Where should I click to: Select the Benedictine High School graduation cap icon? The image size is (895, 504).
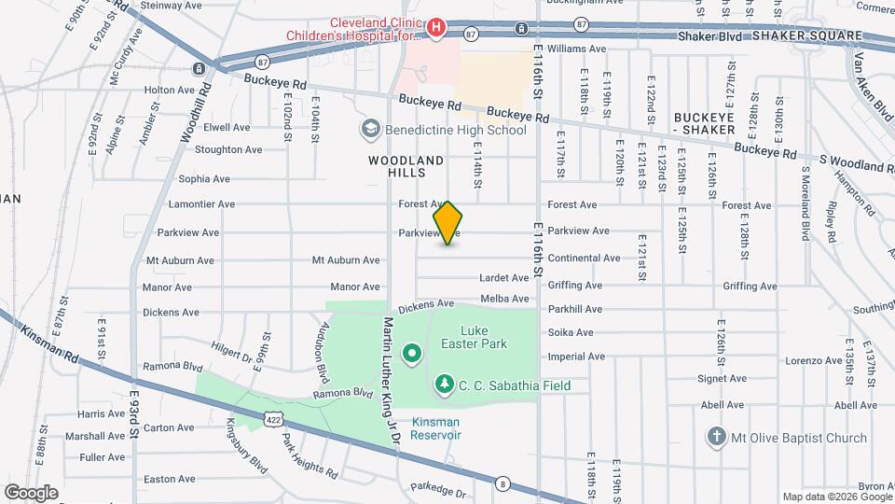pos(370,129)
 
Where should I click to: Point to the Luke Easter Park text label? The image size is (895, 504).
pos(484,337)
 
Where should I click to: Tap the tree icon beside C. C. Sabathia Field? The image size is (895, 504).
pos(445,385)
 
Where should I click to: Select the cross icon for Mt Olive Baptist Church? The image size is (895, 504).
pos(715,437)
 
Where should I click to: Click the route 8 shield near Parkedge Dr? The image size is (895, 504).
pos(503,483)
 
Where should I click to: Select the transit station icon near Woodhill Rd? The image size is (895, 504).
pos(199,69)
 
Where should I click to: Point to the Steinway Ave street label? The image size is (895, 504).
pos(172,6)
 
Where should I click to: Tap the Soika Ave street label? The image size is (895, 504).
pos(571,332)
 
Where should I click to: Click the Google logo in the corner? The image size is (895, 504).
pos(31,492)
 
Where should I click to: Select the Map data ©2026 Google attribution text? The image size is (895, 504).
pos(836,497)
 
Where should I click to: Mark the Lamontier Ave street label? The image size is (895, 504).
pos(201,204)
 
